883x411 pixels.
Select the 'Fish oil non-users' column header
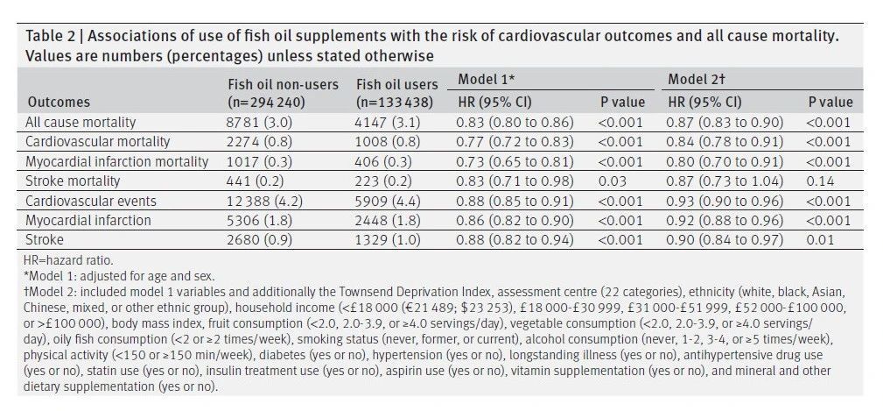283,85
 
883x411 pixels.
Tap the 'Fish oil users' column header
396,85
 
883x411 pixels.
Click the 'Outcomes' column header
59,103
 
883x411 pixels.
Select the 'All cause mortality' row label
81,123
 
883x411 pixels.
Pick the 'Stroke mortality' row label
73,181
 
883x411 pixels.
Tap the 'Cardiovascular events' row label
91,202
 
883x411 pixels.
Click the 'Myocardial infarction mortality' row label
116,162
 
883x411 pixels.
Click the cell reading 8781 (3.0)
260,123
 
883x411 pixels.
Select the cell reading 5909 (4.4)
388,202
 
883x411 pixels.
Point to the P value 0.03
613,181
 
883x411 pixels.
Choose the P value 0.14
820,181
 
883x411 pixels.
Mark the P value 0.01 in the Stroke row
820,239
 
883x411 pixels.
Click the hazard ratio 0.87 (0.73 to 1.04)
725,181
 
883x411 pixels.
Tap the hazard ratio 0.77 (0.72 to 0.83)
515,142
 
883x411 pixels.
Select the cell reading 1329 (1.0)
388,239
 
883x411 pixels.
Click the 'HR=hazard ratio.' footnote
68,260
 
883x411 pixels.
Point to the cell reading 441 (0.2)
256,181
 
